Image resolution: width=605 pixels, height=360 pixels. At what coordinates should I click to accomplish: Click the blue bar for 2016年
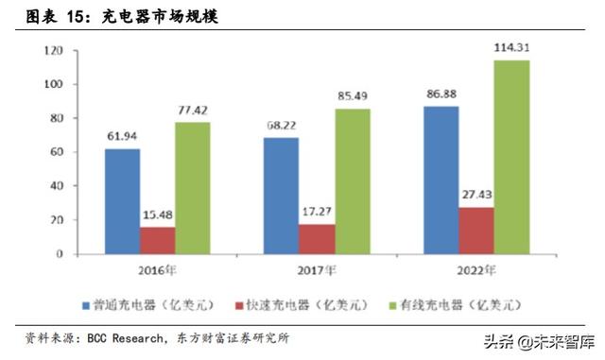click(x=122, y=200)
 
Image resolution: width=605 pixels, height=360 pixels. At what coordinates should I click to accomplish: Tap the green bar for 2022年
click(x=511, y=157)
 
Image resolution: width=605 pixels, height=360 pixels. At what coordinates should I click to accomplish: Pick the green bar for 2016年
click(x=192, y=187)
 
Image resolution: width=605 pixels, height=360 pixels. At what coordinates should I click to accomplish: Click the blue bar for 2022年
click(x=441, y=179)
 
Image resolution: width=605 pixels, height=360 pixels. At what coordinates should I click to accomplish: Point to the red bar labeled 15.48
click(x=157, y=240)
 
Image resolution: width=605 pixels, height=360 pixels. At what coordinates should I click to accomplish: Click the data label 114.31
click(x=511, y=47)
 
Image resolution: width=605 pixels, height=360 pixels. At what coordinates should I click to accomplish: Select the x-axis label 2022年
click(x=475, y=271)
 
